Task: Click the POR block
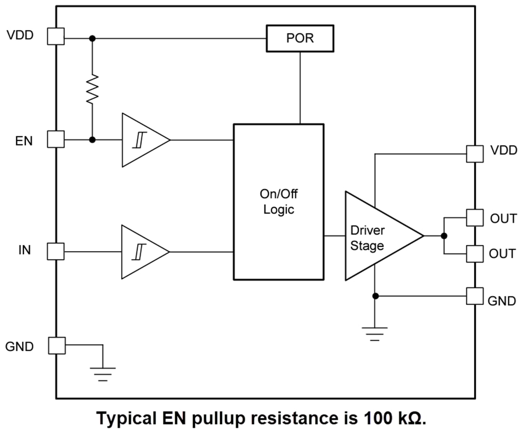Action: pyautogui.click(x=300, y=39)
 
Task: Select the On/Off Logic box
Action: pyautogui.click(x=278, y=202)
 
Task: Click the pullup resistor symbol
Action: pyautogui.click(x=92, y=89)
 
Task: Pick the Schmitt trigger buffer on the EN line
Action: pyautogui.click(x=142, y=140)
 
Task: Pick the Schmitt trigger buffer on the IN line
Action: pyautogui.click(x=142, y=252)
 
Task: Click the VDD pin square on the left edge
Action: pyautogui.click(x=56, y=36)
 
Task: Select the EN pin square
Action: pyautogui.click(x=56, y=140)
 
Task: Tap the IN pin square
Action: pyautogui.click(x=56, y=251)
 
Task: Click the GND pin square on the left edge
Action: pyautogui.click(x=56, y=345)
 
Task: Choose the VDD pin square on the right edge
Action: pyautogui.click(x=474, y=153)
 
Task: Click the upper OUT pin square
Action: pyautogui.click(x=474, y=218)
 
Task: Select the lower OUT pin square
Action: pyautogui.click(x=474, y=253)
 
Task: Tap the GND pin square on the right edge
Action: pyautogui.click(x=474, y=296)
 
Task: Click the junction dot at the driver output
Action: pyautogui.click(x=444, y=236)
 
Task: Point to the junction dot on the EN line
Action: pyautogui.click(x=92, y=140)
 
